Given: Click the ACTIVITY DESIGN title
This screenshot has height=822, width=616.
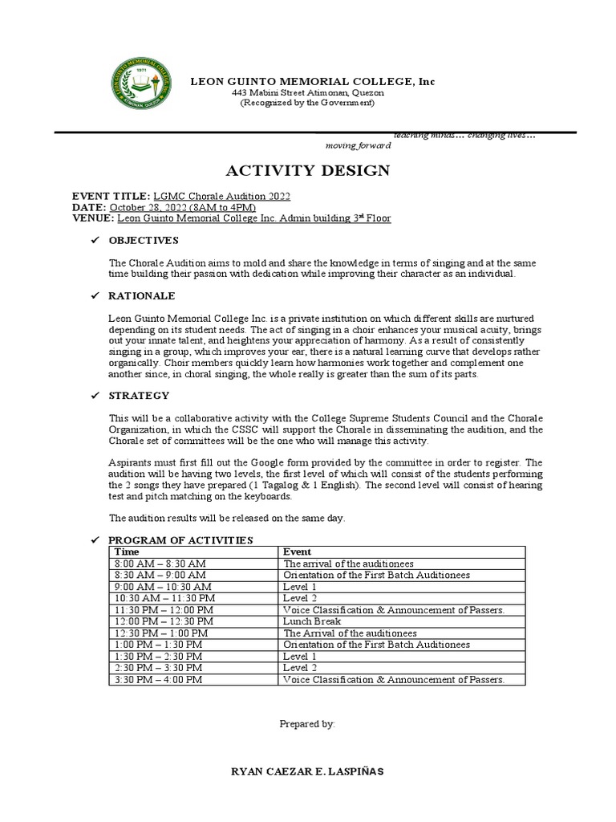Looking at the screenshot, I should (x=308, y=170).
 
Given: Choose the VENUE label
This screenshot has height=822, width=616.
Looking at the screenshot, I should (x=93, y=218).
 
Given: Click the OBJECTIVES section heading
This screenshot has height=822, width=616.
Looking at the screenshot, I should (x=144, y=240).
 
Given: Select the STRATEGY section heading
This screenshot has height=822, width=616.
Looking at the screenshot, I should (x=139, y=395).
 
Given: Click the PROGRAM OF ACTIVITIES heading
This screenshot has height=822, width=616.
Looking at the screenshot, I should (x=180, y=540).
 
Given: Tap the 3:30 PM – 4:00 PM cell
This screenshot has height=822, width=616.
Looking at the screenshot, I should (x=159, y=679).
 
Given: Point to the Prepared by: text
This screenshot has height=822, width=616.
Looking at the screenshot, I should (x=307, y=723).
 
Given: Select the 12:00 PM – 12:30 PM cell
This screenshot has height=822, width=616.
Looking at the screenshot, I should (x=164, y=621).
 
